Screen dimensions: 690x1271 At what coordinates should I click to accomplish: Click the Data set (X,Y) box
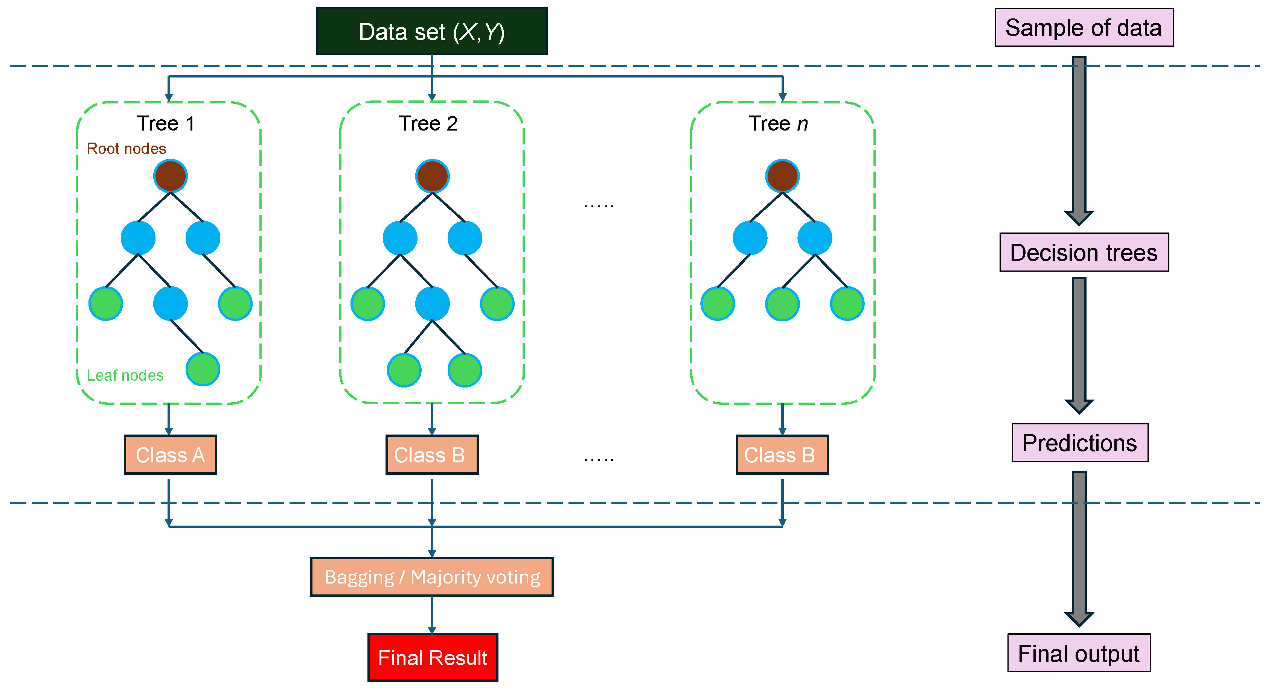[x=432, y=31]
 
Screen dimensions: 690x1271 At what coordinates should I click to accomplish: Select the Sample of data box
[x=1084, y=27]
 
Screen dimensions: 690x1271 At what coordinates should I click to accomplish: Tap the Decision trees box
[x=1084, y=252]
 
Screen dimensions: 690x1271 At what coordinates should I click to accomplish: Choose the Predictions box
[x=1080, y=442]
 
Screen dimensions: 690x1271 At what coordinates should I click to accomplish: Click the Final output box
[x=1079, y=653]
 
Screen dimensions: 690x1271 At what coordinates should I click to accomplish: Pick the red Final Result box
[x=432, y=657]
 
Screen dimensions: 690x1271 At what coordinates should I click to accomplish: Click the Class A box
[x=170, y=455]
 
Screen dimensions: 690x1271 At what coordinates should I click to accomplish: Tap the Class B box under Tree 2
[x=432, y=455]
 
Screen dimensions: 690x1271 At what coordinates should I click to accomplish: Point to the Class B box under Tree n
[x=782, y=455]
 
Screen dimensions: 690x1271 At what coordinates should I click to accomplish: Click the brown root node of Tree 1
[x=170, y=176]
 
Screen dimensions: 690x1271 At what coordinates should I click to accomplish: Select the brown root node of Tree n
[x=782, y=176]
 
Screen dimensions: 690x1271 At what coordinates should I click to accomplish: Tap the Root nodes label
[x=126, y=149]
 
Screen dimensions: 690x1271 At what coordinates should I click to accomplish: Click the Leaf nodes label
[x=125, y=375]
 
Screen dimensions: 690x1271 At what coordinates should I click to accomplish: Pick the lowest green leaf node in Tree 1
[x=203, y=369]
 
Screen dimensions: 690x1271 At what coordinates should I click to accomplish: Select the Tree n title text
[x=778, y=123]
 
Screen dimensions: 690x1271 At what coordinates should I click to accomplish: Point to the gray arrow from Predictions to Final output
[x=1079, y=547]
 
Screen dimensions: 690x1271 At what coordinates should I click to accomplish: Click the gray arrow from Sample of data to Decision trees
[x=1079, y=141]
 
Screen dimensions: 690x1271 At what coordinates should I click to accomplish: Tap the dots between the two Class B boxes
[x=599, y=459]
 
